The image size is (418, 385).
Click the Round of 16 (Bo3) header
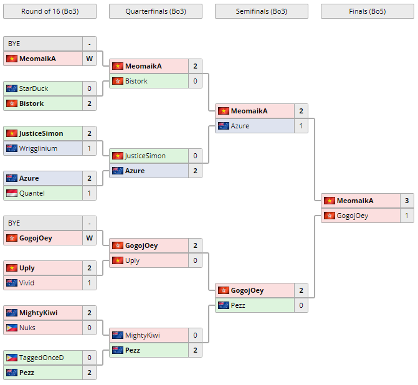(50, 11)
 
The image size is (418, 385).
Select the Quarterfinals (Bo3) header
(155, 11)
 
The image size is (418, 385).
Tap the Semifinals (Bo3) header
(261, 11)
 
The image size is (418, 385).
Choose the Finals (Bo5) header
(367, 11)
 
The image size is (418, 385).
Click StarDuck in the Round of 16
(34, 88)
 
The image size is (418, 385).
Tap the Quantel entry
(32, 193)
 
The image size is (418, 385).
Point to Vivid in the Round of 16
(27, 283)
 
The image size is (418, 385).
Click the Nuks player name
(27, 328)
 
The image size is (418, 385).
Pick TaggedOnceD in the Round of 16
(42, 358)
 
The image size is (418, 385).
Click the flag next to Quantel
(12, 193)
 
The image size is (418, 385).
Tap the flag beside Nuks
(12, 328)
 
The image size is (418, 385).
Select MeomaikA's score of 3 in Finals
(407, 201)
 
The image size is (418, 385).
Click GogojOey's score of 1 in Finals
(407, 216)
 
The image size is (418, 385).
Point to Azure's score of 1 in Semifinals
(301, 126)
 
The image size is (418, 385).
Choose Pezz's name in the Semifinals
(240, 305)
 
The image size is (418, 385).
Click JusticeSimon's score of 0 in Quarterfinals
(195, 156)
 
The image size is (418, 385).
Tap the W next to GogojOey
(89, 238)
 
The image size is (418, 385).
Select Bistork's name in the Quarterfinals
(136, 81)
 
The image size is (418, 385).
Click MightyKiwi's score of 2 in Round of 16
(89, 313)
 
